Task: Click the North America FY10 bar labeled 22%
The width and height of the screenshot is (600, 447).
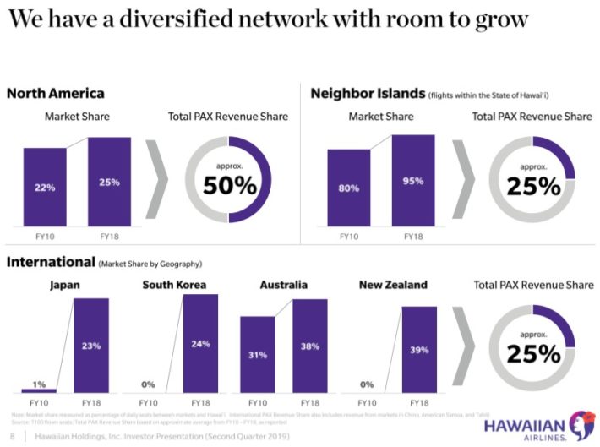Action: pyautogui.click(x=44, y=187)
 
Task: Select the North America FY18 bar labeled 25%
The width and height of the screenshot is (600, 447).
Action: pyautogui.click(x=109, y=182)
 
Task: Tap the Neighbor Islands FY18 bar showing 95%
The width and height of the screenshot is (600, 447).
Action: pyautogui.click(x=413, y=180)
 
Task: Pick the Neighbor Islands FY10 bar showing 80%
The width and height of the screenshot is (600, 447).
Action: pyautogui.click(x=348, y=188)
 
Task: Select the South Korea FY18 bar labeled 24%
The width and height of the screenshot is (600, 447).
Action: pyautogui.click(x=200, y=344)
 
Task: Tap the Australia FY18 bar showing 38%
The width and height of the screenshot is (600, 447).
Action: pyautogui.click(x=308, y=346)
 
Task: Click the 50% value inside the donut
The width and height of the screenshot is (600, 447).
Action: pyautogui.click(x=228, y=185)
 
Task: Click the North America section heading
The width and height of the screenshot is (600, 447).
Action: pyautogui.click(x=56, y=94)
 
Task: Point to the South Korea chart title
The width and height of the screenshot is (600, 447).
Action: pyautogui.click(x=174, y=285)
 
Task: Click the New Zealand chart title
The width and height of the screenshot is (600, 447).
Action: pyautogui.click(x=393, y=285)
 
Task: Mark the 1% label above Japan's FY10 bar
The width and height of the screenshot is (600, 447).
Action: pyautogui.click(x=39, y=384)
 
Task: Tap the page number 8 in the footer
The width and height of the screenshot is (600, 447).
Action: pyautogui.click(x=11, y=436)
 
